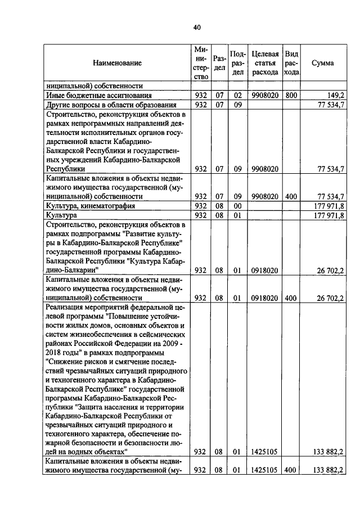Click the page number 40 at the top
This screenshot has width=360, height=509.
pyautogui.click(x=196, y=28)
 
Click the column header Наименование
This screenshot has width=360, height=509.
pyautogui.click(x=118, y=63)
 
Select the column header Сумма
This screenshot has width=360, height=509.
pyautogui.click(x=322, y=63)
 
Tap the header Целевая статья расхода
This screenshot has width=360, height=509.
pyautogui.click(x=265, y=63)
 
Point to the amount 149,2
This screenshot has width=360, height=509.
pyautogui.click(x=335, y=96)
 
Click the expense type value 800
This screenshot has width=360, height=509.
pyautogui.click(x=291, y=96)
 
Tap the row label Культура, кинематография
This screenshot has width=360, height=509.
pyautogui.click(x=91, y=206)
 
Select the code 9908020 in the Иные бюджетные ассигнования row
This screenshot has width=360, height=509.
pyautogui.click(x=265, y=96)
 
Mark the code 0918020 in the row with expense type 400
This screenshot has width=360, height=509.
pyautogui.click(x=265, y=298)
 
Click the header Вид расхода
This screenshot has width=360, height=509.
pyautogui.click(x=291, y=63)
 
